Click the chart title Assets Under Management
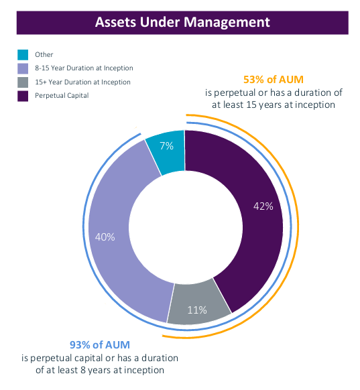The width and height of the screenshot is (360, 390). tap(182, 22)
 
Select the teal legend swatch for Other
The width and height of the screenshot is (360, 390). tap(23, 55)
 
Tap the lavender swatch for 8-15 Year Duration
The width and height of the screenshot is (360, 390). tap(23, 68)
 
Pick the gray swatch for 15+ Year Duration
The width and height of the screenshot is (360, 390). tap(23, 82)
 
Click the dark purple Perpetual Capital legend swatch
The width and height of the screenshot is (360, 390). tap(23, 96)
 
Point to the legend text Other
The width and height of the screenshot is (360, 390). tap(44, 54)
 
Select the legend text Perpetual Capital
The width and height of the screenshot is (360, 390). tap(62, 96)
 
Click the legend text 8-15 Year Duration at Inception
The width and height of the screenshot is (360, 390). tap(84, 68)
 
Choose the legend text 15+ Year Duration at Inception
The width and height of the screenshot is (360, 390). tap(82, 82)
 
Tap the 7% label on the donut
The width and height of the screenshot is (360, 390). tap(166, 146)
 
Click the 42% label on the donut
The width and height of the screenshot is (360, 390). tap(263, 206)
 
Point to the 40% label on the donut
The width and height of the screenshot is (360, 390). tap(105, 237)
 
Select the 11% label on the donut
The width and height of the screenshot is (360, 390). tap(197, 310)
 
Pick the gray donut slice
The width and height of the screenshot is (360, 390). tap(199, 302)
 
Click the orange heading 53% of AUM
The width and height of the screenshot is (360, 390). tap(274, 80)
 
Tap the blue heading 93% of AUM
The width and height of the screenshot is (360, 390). tap(100, 345)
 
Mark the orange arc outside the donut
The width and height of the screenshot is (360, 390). tap(298, 226)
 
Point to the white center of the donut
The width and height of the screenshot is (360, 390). tap(186, 227)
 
